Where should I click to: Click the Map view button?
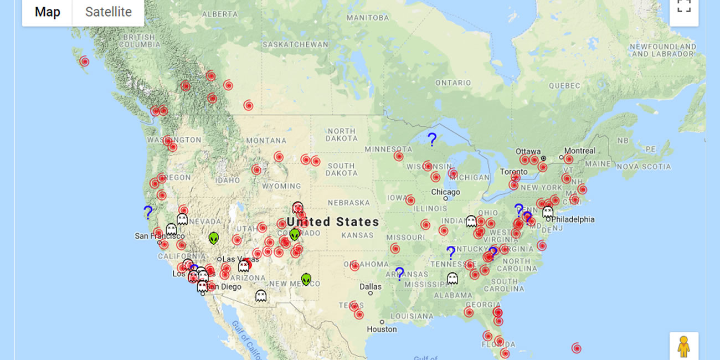(47, 12)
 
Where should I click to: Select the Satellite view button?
(109, 12)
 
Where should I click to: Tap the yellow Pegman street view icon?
(684, 346)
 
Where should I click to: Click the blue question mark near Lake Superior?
(432, 140)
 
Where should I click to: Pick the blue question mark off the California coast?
(148, 212)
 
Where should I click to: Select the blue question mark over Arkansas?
(399, 274)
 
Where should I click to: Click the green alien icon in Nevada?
(214, 238)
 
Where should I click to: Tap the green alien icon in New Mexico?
(306, 279)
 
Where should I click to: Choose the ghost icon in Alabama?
(452, 279)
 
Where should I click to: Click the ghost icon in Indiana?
(471, 222)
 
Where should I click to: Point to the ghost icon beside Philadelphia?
(548, 212)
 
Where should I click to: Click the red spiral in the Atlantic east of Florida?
(577, 348)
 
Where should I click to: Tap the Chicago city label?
(445, 192)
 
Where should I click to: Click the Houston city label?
(382, 329)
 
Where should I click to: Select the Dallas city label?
(370, 286)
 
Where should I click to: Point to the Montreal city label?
(579, 151)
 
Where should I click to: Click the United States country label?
(333, 222)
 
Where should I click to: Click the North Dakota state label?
(341, 135)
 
